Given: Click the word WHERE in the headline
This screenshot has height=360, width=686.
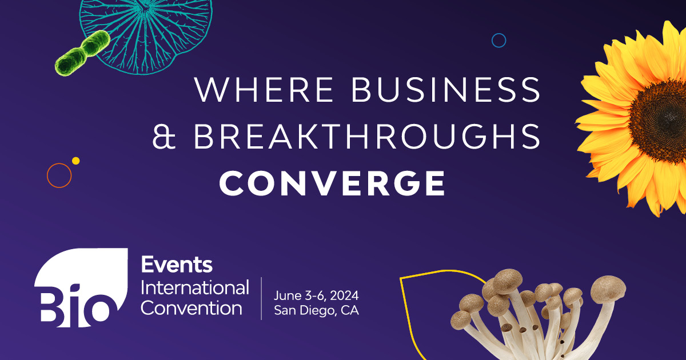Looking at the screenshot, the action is pyautogui.click(x=264, y=89).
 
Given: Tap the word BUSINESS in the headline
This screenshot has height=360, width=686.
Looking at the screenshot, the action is pyautogui.click(x=446, y=89).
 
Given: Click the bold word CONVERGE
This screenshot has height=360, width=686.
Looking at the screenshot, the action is pyautogui.click(x=332, y=183).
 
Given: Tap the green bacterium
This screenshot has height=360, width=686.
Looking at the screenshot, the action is pyautogui.click(x=82, y=53).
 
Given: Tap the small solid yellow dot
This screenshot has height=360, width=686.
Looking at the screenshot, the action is pyautogui.click(x=75, y=161).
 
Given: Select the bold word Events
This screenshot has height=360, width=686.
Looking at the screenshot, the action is pyautogui.click(x=177, y=265).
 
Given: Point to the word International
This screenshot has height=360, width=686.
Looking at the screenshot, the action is pyautogui.click(x=195, y=288).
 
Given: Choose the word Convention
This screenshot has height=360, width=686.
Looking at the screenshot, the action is pyautogui.click(x=192, y=308).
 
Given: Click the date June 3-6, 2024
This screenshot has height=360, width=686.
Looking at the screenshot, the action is pyautogui.click(x=316, y=296).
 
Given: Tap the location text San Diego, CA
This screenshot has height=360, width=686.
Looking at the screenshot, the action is pyautogui.click(x=316, y=310).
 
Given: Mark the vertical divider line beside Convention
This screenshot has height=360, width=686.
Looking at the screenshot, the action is pyautogui.click(x=261, y=298).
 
